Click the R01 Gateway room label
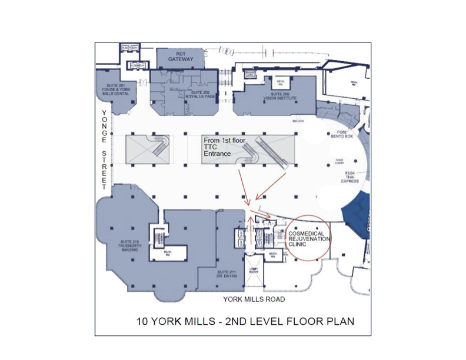pyautogui.click(x=177, y=56)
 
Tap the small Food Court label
pyautogui.click(x=339, y=160)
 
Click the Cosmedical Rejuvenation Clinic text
pyautogui.click(x=309, y=238)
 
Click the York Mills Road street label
pyautogui.click(x=254, y=299)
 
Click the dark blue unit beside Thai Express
pyautogui.click(x=360, y=212)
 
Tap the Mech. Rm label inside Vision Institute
pyautogui.click(x=281, y=82)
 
